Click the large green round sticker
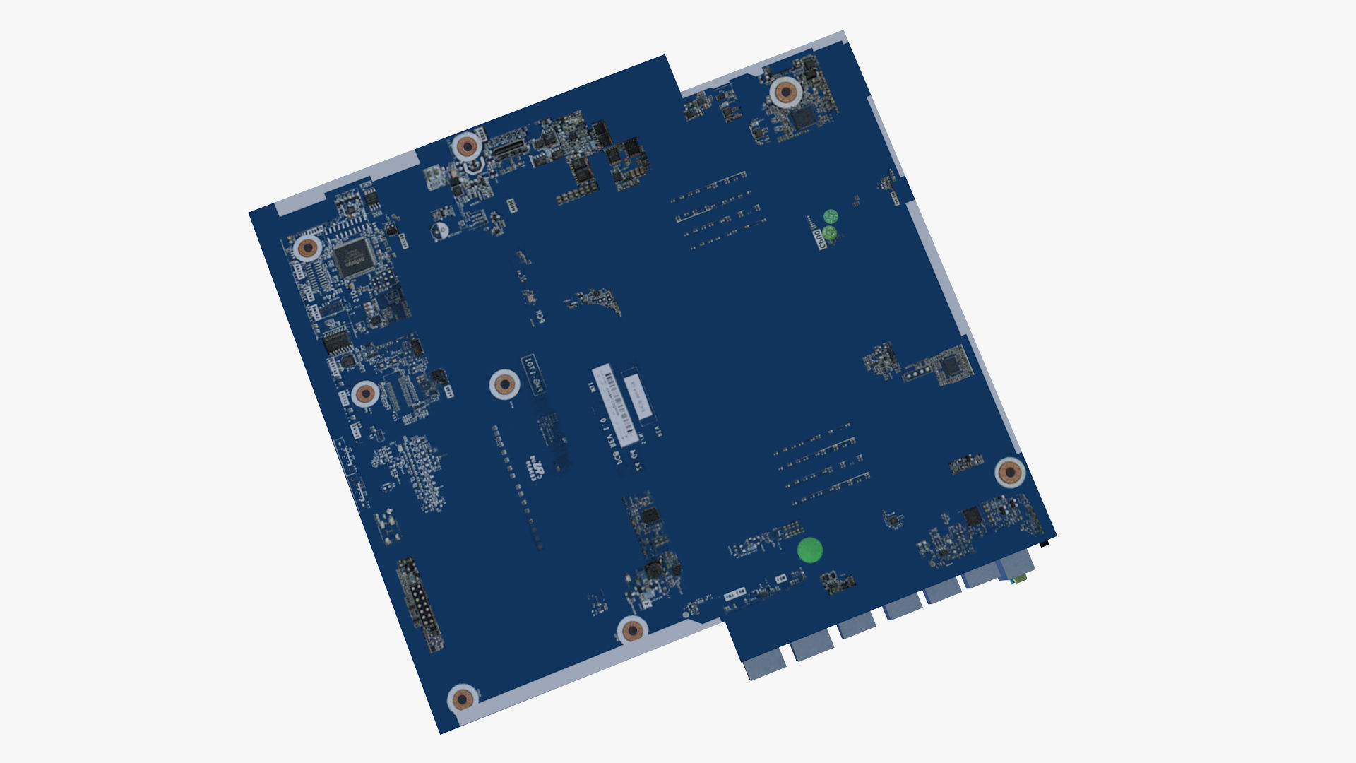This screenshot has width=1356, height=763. pos(810,550)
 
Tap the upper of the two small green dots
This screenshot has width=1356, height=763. pos(831,215)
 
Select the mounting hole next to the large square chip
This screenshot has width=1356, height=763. pos(309,248)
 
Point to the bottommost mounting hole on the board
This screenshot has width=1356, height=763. pos(463,699)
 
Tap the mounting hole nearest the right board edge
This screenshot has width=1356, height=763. pos(1010,472)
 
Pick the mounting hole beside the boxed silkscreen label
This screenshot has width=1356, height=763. pos(504,385)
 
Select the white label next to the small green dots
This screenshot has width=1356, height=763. pos(820,239)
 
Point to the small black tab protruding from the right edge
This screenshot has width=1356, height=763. pos(1047,544)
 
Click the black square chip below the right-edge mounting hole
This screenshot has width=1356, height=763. pos(973,515)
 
